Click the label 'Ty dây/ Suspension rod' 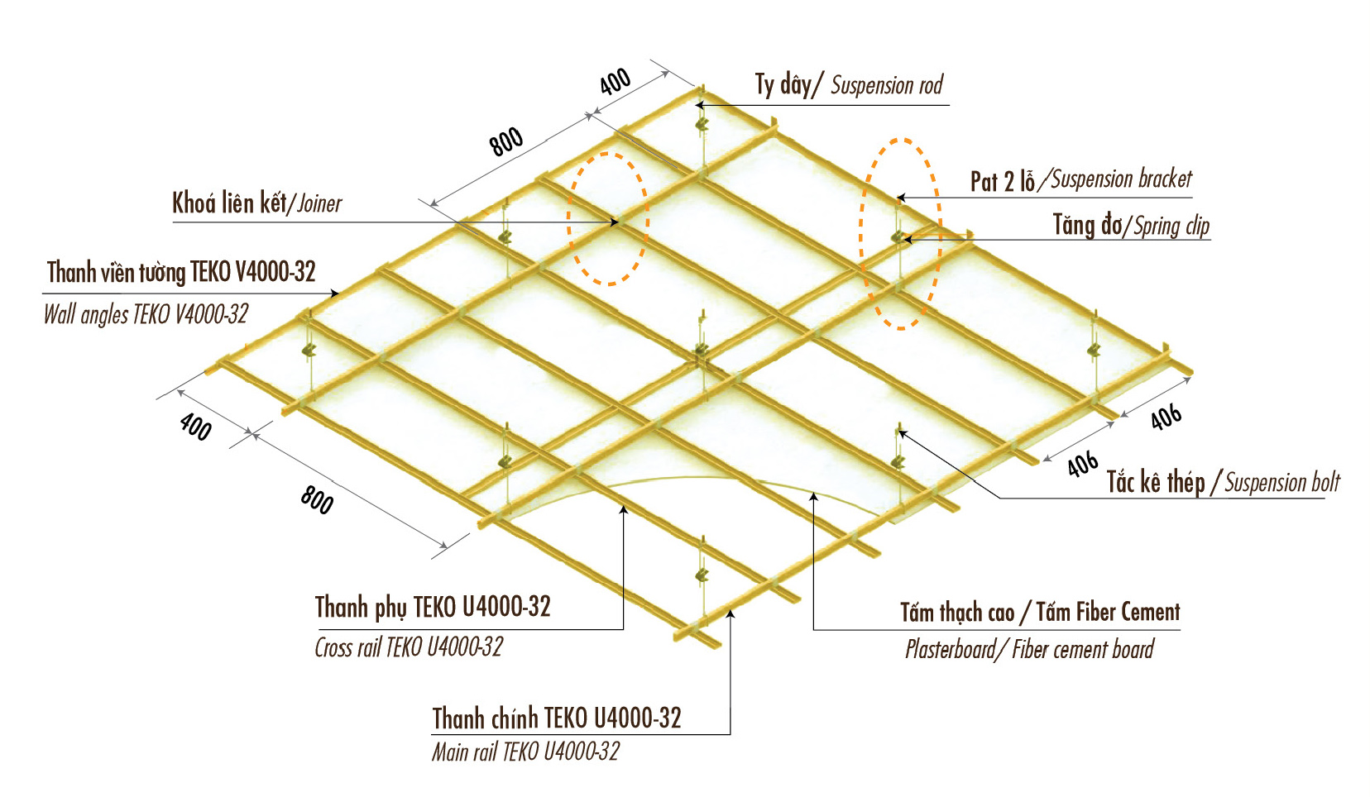coord(849,85)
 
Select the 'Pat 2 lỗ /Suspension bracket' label coord(1080,180)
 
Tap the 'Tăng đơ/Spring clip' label coord(1131,226)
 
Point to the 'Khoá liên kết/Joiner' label coord(256,203)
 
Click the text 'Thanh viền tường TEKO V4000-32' coord(181,272)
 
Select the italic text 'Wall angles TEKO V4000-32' coord(146,315)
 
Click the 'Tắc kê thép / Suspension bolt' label coord(1223,482)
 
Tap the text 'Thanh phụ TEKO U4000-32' coord(433,607)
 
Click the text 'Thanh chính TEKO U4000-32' coord(557,718)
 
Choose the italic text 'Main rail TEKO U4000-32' coord(525,752)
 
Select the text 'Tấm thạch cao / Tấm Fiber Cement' coord(1040,612)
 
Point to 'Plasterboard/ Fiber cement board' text coord(1029,649)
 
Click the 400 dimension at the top coord(616,82)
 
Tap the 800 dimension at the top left coord(506,142)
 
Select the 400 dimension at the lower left coord(196,427)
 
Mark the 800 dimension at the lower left coord(317,500)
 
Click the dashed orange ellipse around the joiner coord(568,219)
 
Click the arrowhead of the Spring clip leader coord(908,240)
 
